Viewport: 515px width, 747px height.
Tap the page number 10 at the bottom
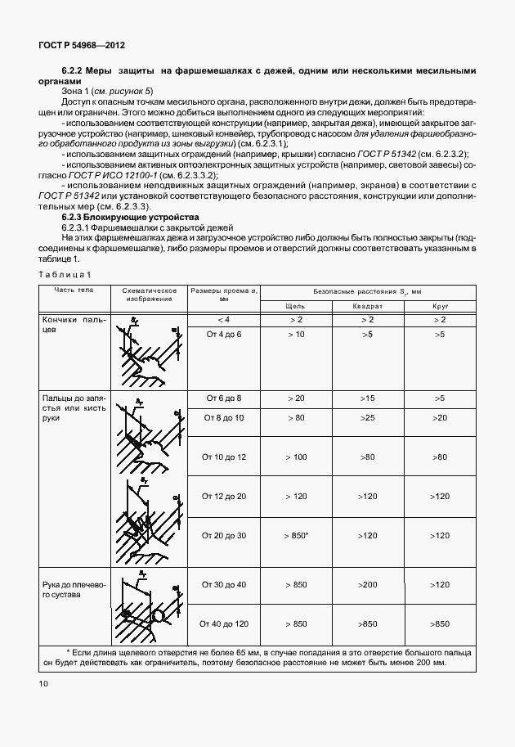pos(43,683)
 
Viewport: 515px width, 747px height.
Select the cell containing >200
pos(368,585)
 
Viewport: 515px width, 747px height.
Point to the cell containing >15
pos(368,398)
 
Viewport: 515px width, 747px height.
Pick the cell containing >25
pos(368,418)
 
